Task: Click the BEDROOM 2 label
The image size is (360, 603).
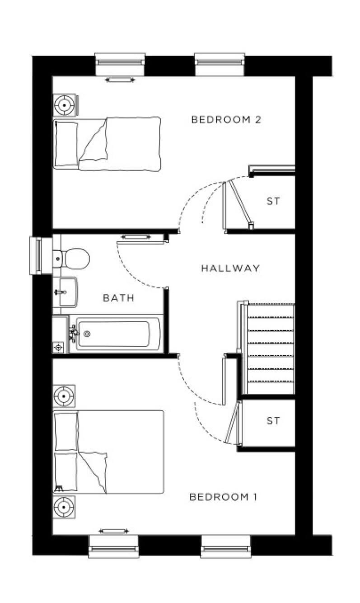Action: [x=226, y=120]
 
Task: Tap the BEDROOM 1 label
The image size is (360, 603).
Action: [x=223, y=497]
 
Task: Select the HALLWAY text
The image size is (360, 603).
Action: [x=230, y=268]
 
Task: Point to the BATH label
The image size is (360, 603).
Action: [x=119, y=298]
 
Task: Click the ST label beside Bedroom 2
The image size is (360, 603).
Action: [x=273, y=201]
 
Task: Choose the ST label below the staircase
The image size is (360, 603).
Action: [x=273, y=421]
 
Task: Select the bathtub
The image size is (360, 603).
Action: [x=113, y=334]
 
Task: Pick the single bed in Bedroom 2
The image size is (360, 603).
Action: [x=107, y=144]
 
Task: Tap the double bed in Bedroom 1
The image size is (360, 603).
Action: [x=108, y=452]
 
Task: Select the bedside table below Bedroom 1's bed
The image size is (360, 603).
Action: [x=64, y=507]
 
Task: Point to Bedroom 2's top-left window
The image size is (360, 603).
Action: [x=120, y=64]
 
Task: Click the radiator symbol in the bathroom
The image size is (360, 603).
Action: [x=136, y=237]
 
